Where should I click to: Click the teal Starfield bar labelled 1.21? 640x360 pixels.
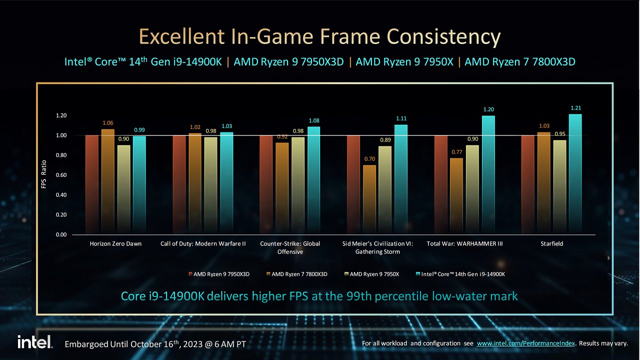pyautogui.click(x=575, y=174)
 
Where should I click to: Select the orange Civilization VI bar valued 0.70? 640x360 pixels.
pyautogui.click(x=369, y=199)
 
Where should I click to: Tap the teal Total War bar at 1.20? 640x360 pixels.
pyautogui.click(x=488, y=175)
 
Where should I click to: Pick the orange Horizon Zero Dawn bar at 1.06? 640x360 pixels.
pyautogui.click(x=107, y=181)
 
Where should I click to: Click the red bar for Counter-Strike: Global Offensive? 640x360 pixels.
pyautogui.click(x=266, y=185)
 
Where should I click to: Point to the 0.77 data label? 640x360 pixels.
pyautogui.click(x=457, y=152)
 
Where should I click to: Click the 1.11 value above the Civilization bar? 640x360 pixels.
pyautogui.click(x=401, y=118)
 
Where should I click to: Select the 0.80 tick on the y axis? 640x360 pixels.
pyautogui.click(x=61, y=155)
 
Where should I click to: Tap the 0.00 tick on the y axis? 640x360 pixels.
pyautogui.click(x=61, y=234)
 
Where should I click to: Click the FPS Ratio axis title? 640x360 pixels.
pyautogui.click(x=43, y=174)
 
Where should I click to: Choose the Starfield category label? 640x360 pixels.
pyautogui.click(x=551, y=243)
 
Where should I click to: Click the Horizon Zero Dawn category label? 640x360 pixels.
pyautogui.click(x=115, y=243)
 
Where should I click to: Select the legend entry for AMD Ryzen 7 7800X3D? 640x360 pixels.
pyautogui.click(x=297, y=274)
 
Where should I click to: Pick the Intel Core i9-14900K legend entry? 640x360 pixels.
pyautogui.click(x=460, y=274)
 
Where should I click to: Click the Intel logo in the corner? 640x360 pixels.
pyautogui.click(x=35, y=342)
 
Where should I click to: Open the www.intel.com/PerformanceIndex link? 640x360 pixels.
pyautogui.click(x=525, y=343)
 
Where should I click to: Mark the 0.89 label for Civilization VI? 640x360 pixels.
pyautogui.click(x=385, y=140)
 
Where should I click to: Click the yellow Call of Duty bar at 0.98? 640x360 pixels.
pyautogui.click(x=210, y=186)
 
